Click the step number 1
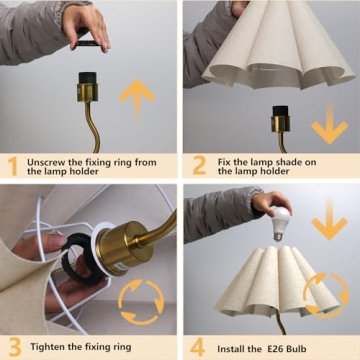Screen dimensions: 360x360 pyautogui.click(x=11, y=165)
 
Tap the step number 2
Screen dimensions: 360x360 pyautogui.click(x=197, y=165)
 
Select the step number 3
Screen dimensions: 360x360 pyautogui.click(x=11, y=347)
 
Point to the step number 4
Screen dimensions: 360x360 pyautogui.click(x=197, y=347)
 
